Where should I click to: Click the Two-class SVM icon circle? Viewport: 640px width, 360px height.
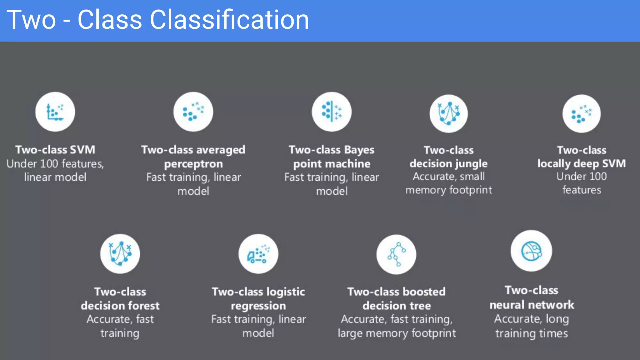(55, 112)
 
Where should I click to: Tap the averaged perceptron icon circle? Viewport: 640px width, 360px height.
(193, 112)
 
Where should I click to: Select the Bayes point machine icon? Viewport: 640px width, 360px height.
(332, 112)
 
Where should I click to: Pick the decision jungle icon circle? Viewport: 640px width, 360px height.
(448, 113)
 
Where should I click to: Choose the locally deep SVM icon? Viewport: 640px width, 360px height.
(581, 113)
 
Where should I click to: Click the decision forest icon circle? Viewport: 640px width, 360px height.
(120, 253)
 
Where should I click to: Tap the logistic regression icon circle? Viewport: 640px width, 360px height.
(258, 253)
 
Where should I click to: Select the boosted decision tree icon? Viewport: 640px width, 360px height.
(396, 254)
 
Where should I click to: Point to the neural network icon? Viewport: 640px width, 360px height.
(531, 251)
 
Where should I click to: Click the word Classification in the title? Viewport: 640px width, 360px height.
(229, 20)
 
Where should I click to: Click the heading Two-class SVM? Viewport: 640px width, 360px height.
(55, 150)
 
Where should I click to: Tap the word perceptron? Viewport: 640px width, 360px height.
(193, 164)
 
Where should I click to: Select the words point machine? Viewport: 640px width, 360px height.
(332, 164)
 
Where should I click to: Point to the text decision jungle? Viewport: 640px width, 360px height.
(448, 163)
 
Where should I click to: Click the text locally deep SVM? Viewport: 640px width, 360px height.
(581, 163)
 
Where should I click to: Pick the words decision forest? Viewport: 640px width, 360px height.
(120, 305)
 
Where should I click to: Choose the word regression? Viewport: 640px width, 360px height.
(258, 305)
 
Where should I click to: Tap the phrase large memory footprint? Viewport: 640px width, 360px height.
(396, 333)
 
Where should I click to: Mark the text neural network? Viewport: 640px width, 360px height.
(532, 305)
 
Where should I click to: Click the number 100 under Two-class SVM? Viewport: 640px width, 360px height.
(49, 164)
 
